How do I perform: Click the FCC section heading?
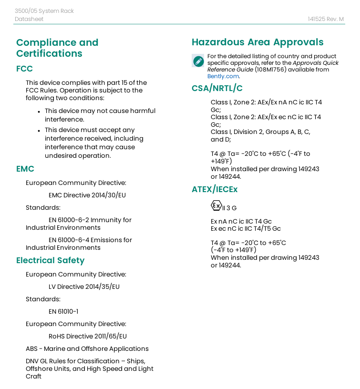pos(24,69)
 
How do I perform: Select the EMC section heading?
pos(25,169)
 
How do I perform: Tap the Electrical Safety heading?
pos(50,260)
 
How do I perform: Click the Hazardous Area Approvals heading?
pos(257,42)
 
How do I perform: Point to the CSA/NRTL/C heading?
pos(217,88)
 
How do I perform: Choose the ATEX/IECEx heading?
pos(215,189)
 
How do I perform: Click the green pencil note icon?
pos(198,61)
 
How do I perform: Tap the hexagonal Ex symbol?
pos(216,205)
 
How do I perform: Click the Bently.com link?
pos(223,76)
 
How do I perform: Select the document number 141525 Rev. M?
pos(326,19)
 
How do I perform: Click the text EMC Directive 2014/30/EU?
pos(87,195)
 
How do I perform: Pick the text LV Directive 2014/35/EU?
pos(84,287)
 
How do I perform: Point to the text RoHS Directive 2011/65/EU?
pos(88,336)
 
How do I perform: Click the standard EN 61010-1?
pos(63,311)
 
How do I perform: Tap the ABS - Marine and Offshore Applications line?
pos(87,348)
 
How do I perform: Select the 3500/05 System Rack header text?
pos(44,11)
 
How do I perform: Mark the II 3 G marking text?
pos(229,208)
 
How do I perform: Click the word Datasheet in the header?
pos(29,19)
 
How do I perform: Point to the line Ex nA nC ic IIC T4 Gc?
pos(241,222)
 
